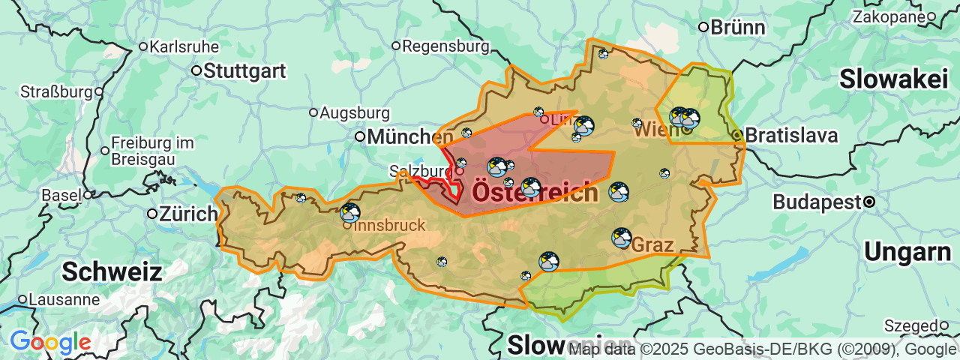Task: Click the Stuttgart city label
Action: point(244,71)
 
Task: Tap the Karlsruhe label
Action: point(184,46)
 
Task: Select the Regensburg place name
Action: point(445,46)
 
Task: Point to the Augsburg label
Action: point(355,113)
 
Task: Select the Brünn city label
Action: point(738,28)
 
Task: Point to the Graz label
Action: point(653,245)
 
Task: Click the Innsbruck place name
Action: point(389,225)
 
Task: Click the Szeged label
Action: point(911,325)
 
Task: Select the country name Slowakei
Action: point(894,79)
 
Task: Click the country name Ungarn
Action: point(907,253)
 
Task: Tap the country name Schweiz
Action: point(112,271)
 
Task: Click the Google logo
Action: point(50,343)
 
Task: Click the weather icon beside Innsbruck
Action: point(350,212)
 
